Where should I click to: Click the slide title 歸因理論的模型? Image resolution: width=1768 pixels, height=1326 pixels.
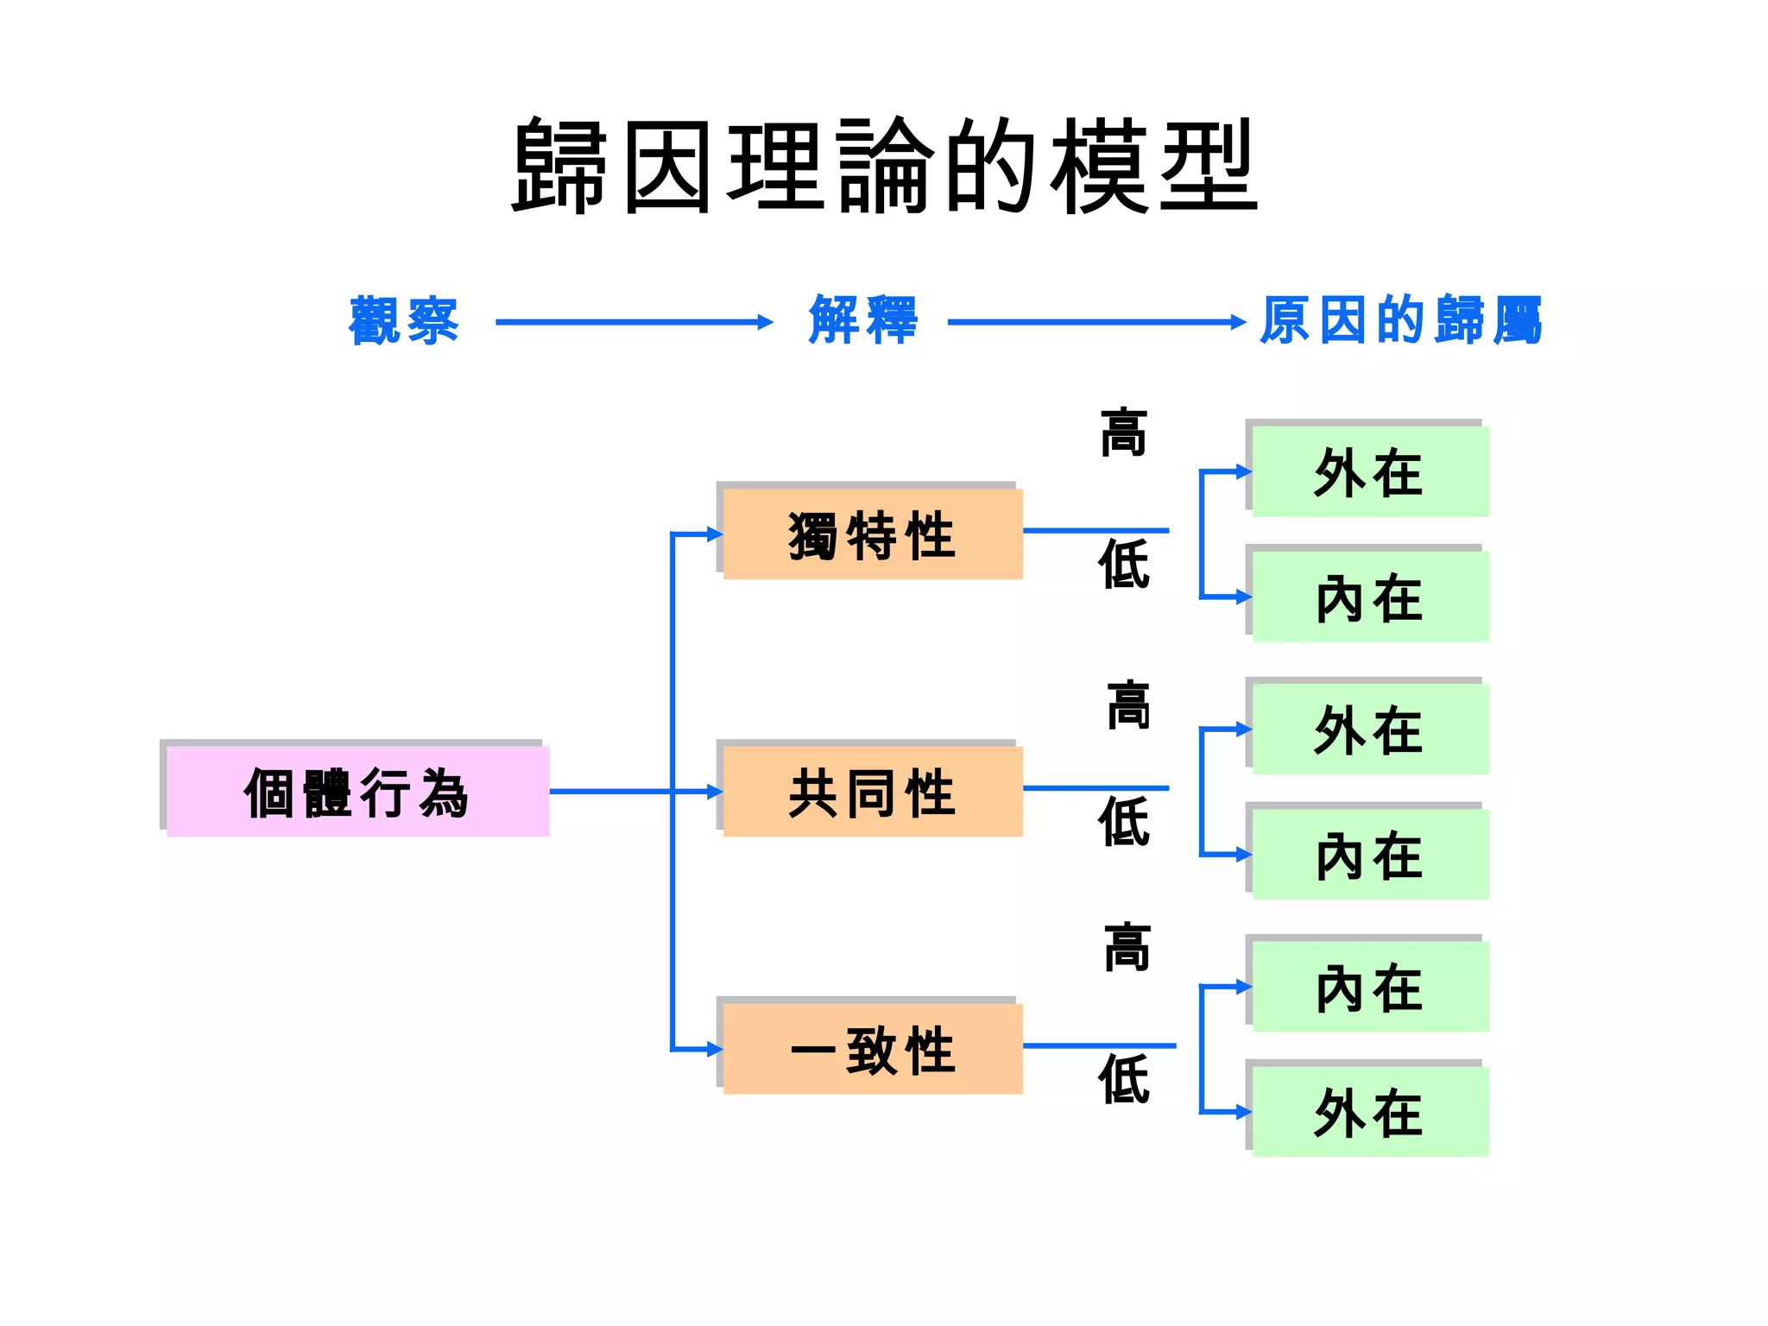(884, 166)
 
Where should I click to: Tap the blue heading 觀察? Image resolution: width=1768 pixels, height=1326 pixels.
(404, 321)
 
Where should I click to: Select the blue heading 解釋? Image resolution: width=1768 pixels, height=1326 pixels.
(863, 320)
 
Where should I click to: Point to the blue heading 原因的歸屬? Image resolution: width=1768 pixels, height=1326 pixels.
(1400, 320)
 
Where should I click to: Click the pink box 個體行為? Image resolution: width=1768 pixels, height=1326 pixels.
(357, 792)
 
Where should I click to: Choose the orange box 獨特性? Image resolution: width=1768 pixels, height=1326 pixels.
(872, 534)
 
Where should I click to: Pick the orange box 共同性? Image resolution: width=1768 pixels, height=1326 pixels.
(872, 792)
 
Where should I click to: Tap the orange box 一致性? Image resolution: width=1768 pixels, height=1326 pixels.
(872, 1049)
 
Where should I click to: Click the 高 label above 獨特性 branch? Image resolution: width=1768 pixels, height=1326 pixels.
(1123, 433)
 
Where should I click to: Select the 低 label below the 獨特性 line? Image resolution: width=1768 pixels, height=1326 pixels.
(1123, 565)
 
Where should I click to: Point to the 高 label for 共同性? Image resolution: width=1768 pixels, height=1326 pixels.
(1128, 705)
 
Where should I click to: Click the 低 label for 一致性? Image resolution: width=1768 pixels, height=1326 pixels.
(1123, 1079)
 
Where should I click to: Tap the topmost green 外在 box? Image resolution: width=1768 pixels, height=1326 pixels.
(1369, 472)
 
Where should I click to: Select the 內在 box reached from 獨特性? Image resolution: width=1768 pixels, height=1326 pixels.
(1369, 597)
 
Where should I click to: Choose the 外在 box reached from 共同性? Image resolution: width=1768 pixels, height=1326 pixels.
(1369, 729)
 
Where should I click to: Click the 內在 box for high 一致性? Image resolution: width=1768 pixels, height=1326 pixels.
(1369, 987)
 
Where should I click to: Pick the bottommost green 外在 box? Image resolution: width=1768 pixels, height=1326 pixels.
(1369, 1112)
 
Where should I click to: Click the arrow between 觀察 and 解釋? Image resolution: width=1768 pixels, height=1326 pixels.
(634, 322)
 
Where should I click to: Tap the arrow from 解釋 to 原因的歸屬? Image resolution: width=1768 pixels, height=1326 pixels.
(1096, 322)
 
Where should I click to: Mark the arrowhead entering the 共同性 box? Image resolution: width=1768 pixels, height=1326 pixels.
(715, 792)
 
